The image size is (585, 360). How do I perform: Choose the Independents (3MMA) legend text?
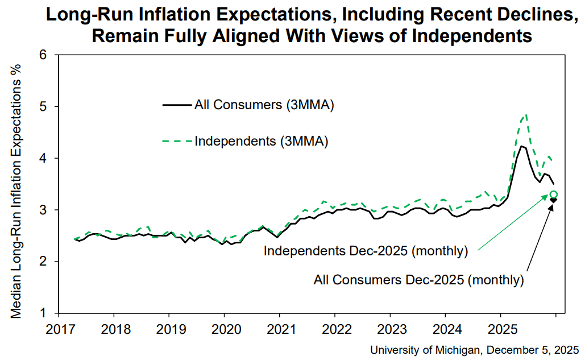click(261, 141)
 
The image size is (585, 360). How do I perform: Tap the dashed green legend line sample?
click(177, 141)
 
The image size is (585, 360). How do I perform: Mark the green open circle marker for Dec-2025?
click(554, 195)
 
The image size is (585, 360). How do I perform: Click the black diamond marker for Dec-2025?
click(553, 200)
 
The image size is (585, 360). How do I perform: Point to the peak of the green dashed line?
click(526, 115)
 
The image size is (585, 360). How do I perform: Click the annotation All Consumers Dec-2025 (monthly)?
click(418, 280)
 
